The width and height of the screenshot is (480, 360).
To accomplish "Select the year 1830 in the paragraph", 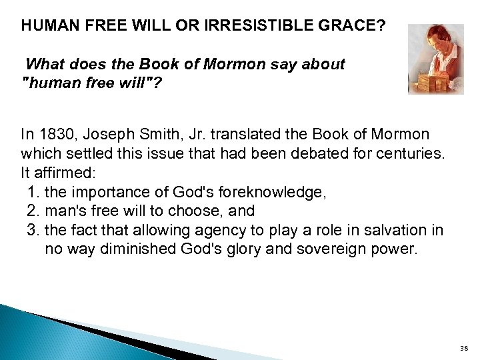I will click(55, 134).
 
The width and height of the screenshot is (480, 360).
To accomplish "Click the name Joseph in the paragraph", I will click(105, 134).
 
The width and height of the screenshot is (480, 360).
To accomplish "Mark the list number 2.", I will click(34, 211).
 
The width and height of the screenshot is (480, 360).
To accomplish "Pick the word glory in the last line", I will click(259, 250).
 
